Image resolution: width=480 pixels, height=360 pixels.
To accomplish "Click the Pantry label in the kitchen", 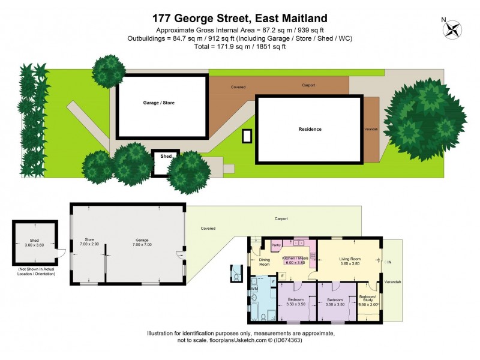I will [277, 245].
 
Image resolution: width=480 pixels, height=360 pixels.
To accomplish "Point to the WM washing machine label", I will [254, 289].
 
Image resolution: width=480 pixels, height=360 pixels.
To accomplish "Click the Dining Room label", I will [265, 262].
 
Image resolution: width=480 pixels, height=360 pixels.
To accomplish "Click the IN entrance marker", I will [389, 262].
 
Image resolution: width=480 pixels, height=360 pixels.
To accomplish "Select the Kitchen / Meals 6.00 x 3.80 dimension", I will [294, 262].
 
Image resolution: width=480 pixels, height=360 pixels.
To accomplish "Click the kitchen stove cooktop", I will [312, 256].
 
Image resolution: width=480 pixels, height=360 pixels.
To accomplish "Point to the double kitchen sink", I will [298, 242].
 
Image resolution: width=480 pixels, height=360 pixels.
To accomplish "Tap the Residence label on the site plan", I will [310, 129].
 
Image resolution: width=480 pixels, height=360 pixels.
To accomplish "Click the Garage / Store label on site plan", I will [158, 103].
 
